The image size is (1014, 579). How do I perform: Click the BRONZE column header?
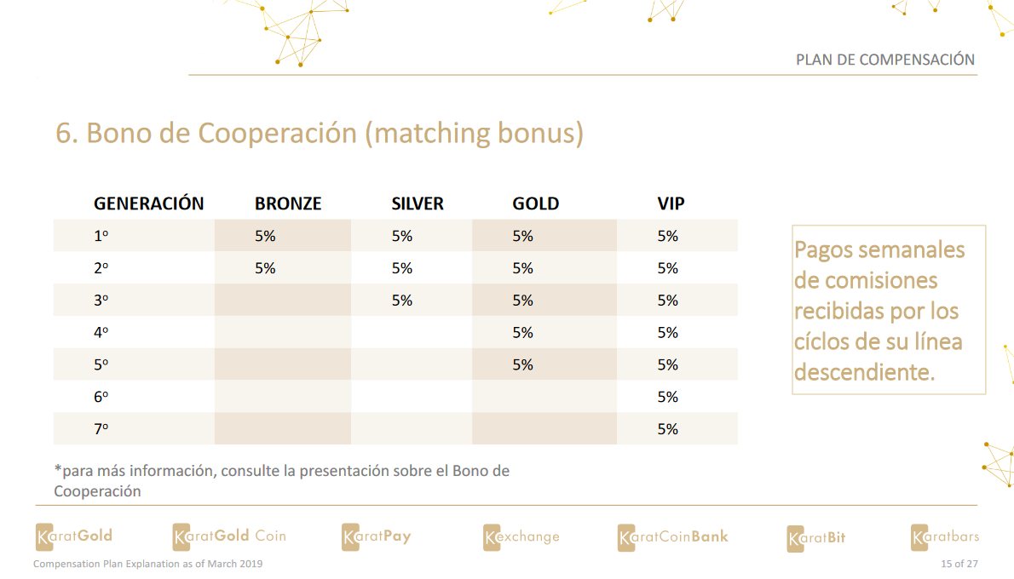click(x=288, y=204)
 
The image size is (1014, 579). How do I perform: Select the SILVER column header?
click(x=418, y=204)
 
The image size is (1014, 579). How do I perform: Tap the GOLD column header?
click(x=535, y=204)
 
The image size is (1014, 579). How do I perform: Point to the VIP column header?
click(x=671, y=204)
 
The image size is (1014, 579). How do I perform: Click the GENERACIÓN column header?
click(x=148, y=204)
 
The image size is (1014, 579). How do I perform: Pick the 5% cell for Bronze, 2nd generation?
click(x=265, y=268)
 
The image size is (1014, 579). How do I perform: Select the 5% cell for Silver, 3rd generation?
click(x=402, y=301)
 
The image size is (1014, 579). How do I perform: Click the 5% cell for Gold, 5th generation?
click(x=522, y=364)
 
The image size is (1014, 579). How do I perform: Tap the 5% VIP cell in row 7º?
click(x=668, y=429)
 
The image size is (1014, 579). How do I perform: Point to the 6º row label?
click(x=101, y=397)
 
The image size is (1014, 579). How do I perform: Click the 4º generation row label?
click(x=101, y=333)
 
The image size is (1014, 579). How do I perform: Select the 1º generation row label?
click(x=101, y=237)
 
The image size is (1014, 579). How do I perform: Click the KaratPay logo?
click(x=377, y=536)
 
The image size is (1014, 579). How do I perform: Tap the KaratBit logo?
click(x=816, y=537)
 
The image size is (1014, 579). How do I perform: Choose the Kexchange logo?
click(x=521, y=536)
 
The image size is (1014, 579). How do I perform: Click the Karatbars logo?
click(x=945, y=536)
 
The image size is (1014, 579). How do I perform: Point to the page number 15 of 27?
click(x=959, y=564)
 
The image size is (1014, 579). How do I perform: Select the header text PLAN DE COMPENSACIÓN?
click(x=884, y=60)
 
